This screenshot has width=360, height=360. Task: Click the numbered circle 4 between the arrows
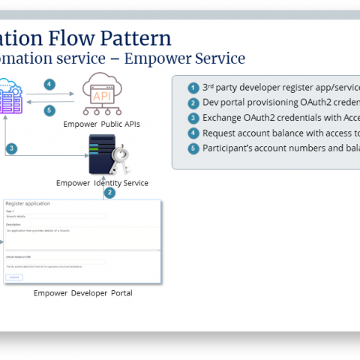(49, 85)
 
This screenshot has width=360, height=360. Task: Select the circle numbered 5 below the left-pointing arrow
(49, 110)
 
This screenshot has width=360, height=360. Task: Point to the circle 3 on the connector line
(11, 148)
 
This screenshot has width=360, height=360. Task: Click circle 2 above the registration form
(109, 193)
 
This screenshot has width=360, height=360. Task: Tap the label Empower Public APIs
(102, 124)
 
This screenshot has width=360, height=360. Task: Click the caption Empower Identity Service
(102, 183)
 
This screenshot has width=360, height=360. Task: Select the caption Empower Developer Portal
(82, 293)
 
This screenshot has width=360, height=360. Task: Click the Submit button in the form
(14, 277)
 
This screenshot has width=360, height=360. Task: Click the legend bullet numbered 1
(193, 87)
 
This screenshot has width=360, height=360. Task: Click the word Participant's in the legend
(224, 148)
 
